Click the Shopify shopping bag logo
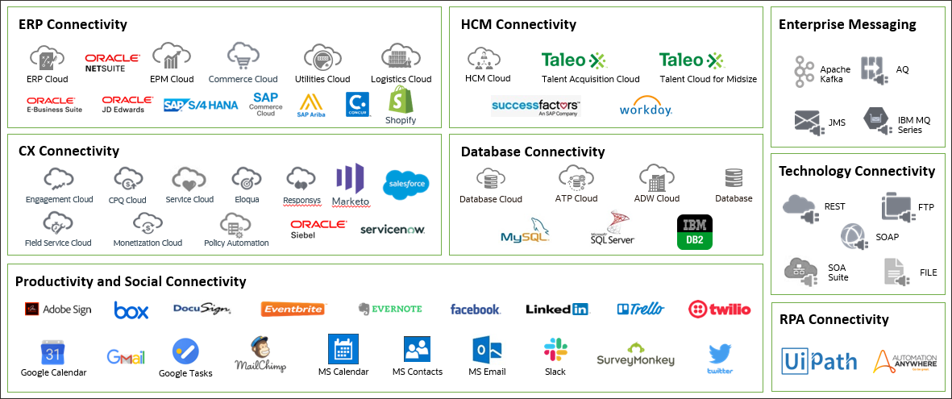[x=401, y=100]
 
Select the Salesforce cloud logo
[x=406, y=184]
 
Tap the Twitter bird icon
[x=720, y=354]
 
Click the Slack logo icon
[x=555, y=350]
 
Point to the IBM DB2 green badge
[x=693, y=231]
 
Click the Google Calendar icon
[x=52, y=352]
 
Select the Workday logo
[x=646, y=107]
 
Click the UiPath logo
[x=819, y=360]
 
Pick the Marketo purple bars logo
[x=350, y=179]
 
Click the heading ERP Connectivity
[x=73, y=24]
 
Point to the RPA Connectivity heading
[x=834, y=319]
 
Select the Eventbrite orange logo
[x=293, y=309]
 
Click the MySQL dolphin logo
[x=525, y=231]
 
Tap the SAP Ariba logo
[x=310, y=104]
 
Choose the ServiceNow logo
[x=392, y=229]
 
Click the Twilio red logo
[x=719, y=309]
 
